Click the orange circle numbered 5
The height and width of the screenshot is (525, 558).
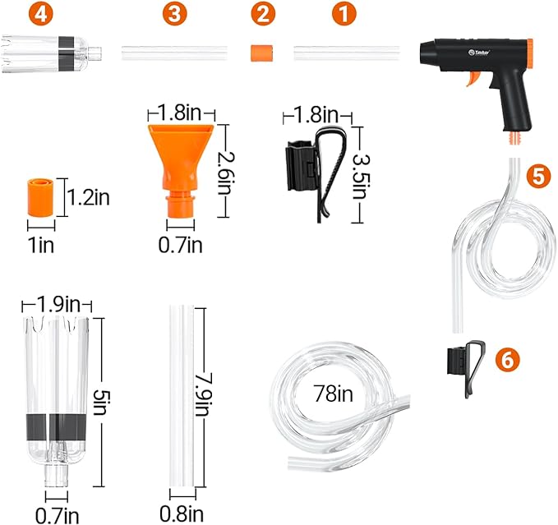click(539, 175)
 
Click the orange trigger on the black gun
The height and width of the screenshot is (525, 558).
click(474, 78)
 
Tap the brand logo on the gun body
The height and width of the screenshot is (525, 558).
click(479, 53)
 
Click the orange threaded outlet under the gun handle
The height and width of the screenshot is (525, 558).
click(514, 138)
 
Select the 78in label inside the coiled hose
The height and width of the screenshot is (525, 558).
click(333, 394)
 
